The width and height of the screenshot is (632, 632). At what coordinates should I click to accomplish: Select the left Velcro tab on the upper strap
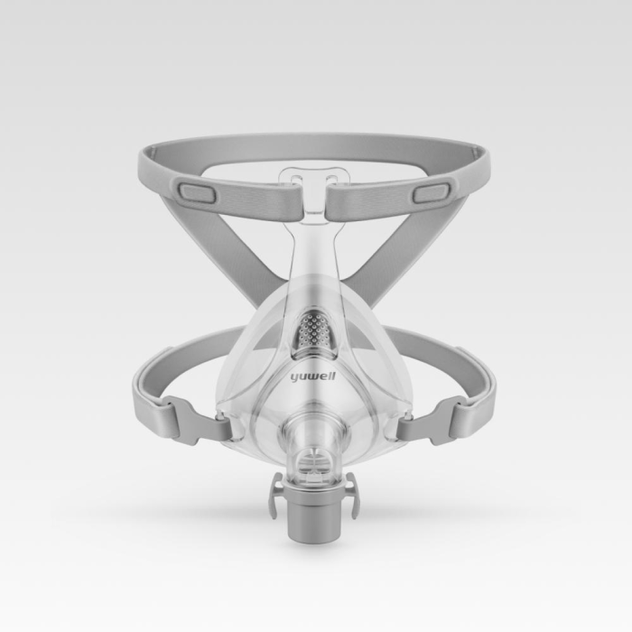click(196, 192)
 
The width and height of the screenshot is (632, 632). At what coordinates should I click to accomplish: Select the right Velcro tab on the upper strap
click(432, 192)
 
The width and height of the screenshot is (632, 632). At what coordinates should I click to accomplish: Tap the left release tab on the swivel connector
click(275, 496)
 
